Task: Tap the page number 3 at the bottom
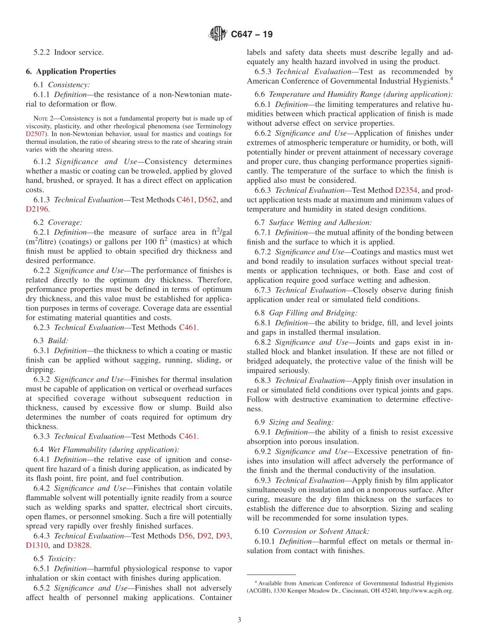(239, 620)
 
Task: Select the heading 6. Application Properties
(71, 72)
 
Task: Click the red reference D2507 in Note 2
(36, 134)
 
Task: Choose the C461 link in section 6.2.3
(188, 328)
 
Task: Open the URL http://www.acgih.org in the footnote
(426, 590)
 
